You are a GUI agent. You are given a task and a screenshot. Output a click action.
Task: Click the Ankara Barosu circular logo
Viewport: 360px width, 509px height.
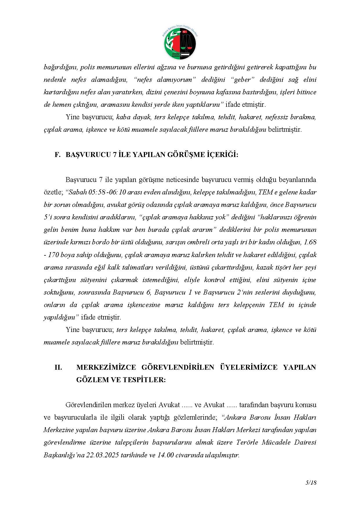pyautogui.click(x=180, y=42)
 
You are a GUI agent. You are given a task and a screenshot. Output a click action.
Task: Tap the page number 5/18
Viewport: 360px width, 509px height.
pyautogui.click(x=311, y=483)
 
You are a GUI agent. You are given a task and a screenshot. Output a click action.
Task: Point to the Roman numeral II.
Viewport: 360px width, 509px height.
pyautogui.click(x=58, y=367)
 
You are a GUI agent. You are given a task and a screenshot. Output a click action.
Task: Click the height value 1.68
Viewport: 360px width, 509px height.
pyautogui.click(x=310, y=242)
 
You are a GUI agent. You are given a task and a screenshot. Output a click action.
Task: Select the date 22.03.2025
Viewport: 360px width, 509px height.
pyautogui.click(x=102, y=455)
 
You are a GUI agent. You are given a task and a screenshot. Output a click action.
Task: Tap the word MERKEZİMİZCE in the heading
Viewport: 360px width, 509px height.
pyautogui.click(x=106, y=367)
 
